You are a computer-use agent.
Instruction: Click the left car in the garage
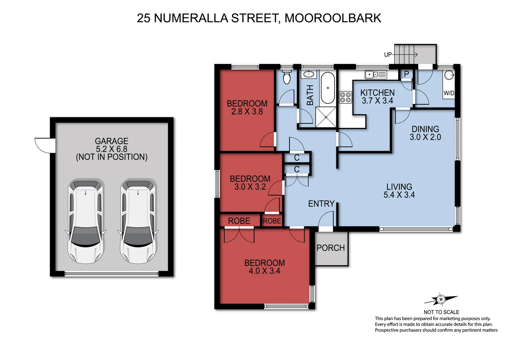(x=85, y=221)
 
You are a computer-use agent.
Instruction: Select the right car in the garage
(x=138, y=221)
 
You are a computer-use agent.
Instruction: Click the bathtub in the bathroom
(x=327, y=88)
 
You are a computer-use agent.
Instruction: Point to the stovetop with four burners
(x=345, y=97)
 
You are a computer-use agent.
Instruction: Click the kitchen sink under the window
(x=376, y=75)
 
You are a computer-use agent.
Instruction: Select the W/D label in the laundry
(x=449, y=93)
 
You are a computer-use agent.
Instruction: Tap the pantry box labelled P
(x=406, y=74)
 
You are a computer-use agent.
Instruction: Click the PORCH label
(x=330, y=248)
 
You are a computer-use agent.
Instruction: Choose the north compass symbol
(x=441, y=300)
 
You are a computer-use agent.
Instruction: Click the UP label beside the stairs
(x=388, y=55)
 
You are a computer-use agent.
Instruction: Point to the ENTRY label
(x=321, y=204)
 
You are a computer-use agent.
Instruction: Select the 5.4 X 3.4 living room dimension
(x=399, y=195)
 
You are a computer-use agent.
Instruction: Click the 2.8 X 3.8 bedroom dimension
(x=247, y=112)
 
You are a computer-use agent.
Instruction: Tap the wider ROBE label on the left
(x=239, y=221)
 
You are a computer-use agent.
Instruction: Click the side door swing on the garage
(x=43, y=145)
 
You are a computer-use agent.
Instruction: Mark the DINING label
(x=425, y=129)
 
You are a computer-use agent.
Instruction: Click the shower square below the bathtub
(x=326, y=117)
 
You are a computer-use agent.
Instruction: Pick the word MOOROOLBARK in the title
(x=333, y=18)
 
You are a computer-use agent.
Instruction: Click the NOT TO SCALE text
(x=441, y=312)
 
